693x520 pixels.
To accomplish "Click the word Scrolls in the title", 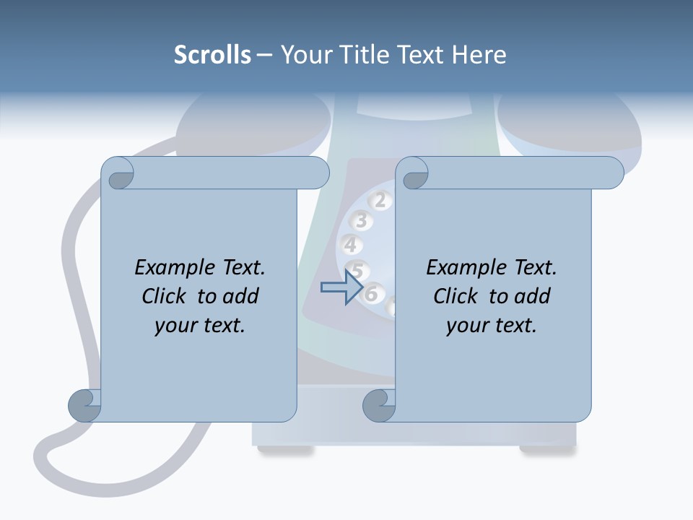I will pyautogui.click(x=212, y=55).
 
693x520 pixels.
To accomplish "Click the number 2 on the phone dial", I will pyautogui.click(x=380, y=200).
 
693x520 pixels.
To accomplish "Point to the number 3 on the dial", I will pyautogui.click(x=362, y=221).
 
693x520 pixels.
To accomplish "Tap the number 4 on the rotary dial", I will pyautogui.click(x=351, y=245).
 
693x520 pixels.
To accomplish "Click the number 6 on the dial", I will pyautogui.click(x=372, y=293).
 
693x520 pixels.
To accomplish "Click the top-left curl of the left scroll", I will pyautogui.click(x=118, y=173).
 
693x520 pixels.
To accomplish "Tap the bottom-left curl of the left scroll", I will pyautogui.click(x=85, y=406).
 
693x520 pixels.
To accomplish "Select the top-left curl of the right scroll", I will pyautogui.click(x=413, y=173).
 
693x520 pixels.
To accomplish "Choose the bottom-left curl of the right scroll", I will pyautogui.click(x=380, y=406).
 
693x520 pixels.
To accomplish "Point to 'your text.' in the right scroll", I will pyautogui.click(x=491, y=325).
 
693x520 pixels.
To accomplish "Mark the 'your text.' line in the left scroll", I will pyautogui.click(x=199, y=325).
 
